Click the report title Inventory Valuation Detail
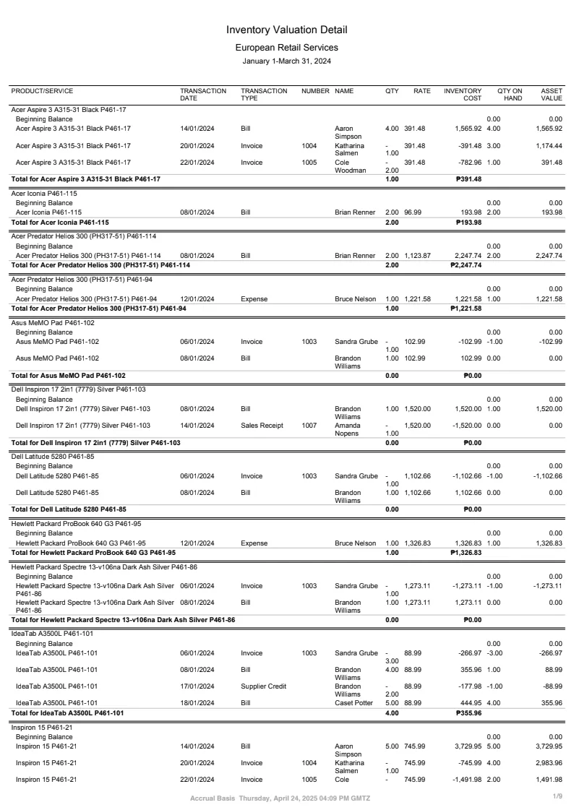point(286,30)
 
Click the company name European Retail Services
point(286,48)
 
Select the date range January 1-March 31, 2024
point(286,61)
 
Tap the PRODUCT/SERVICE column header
point(42,91)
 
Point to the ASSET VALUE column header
point(551,95)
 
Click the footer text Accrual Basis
point(212,798)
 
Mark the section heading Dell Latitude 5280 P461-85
point(53,457)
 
